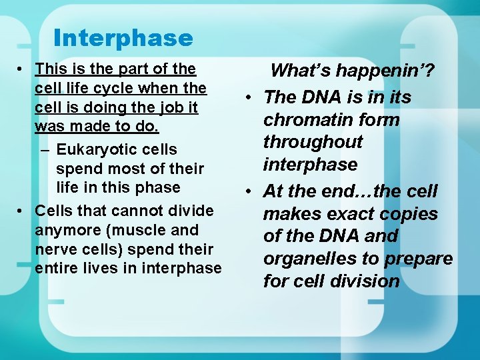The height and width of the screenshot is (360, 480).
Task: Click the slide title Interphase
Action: (123, 38)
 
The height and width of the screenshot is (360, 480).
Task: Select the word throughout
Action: (313, 142)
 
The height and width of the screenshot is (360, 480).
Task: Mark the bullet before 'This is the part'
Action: (22, 69)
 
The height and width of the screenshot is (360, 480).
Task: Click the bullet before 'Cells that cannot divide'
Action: (22, 211)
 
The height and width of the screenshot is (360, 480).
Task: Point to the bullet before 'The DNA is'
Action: (247, 98)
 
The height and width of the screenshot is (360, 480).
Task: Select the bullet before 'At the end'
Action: (247, 192)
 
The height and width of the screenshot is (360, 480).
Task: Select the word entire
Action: (55, 268)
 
